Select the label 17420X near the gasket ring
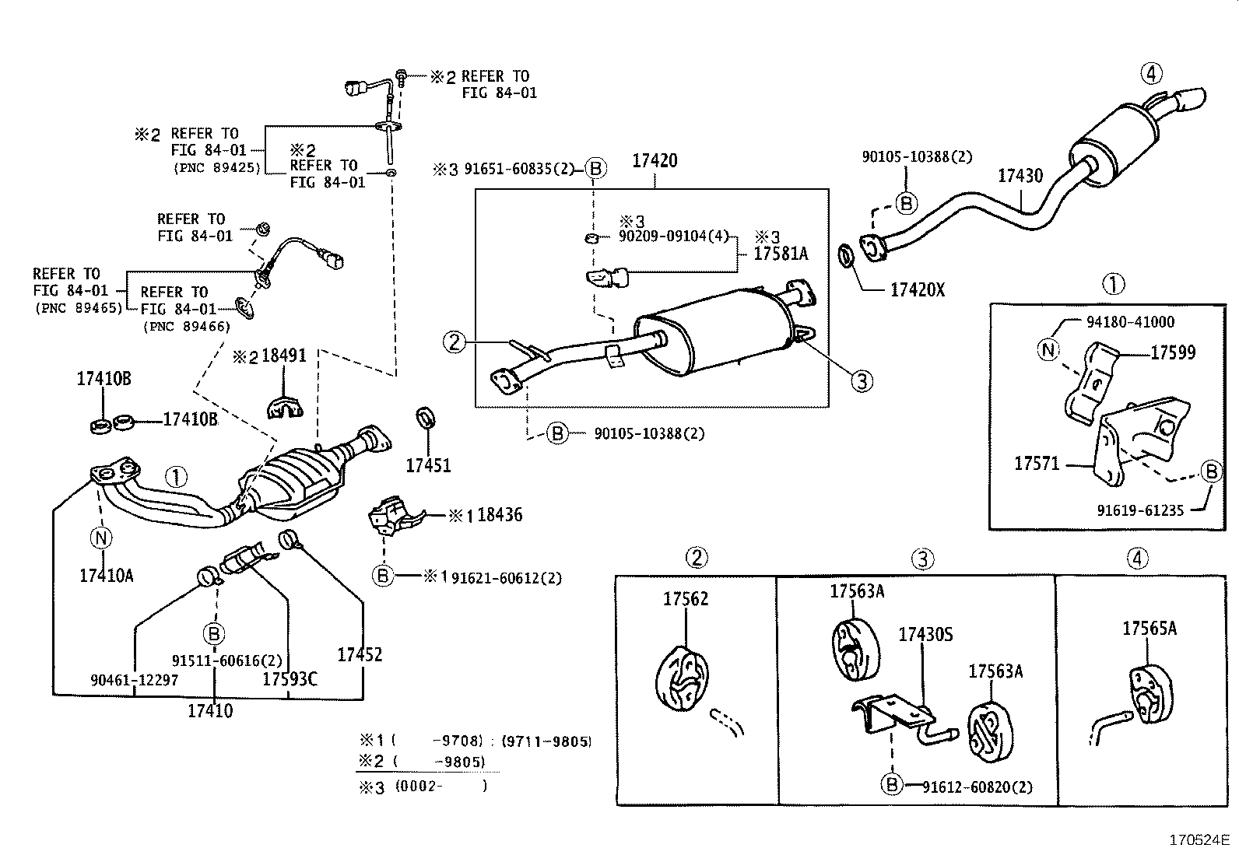917,290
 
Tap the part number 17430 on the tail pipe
1020,177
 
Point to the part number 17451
427,466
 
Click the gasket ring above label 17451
425,417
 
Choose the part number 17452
360,654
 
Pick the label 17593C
290,679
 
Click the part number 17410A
106,576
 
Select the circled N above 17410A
102,537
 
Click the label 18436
500,515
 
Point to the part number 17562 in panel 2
686,599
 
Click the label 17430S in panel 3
925,635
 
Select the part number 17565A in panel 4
1149,629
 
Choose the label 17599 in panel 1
1173,353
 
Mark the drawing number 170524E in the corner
1198,840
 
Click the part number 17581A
781,254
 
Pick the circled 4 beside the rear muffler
1152,74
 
